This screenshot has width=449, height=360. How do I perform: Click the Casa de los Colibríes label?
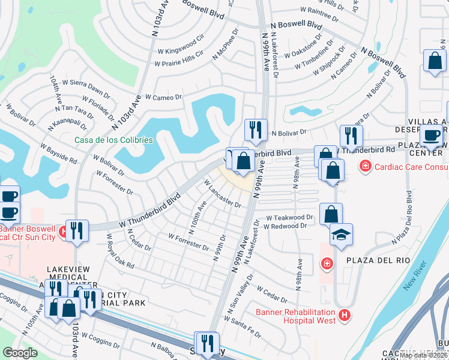pyautogui.click(x=113, y=140)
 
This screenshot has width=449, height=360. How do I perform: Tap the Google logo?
pyautogui.click(x=20, y=353)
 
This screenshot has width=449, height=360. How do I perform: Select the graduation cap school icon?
pyautogui.click(x=341, y=235)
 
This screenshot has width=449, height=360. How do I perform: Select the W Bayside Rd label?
pyautogui.click(x=58, y=154)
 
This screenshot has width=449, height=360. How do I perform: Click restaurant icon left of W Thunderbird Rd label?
pyautogui.click(x=349, y=136)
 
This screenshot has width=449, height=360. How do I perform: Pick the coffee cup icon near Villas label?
pyautogui.click(x=430, y=136)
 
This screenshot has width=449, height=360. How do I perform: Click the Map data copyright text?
pyautogui.click(x=424, y=355)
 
